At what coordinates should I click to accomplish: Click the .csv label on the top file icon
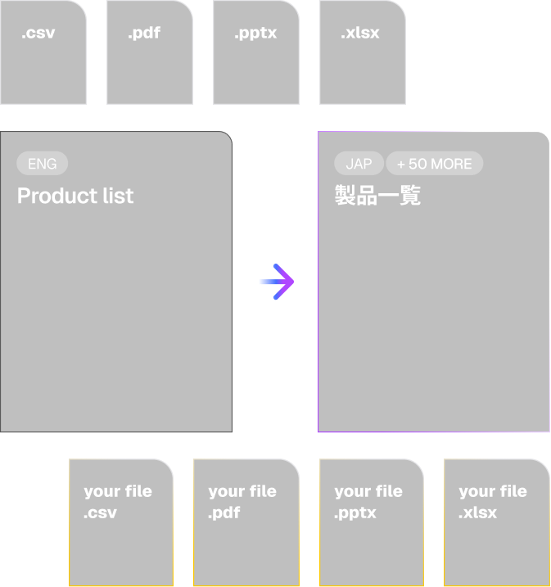click(38, 34)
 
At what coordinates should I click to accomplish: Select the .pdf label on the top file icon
click(144, 34)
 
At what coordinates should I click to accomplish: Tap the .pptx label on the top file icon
click(255, 34)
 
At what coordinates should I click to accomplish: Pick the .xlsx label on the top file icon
click(360, 34)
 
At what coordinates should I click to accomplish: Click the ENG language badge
click(43, 164)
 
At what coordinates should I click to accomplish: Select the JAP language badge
click(359, 164)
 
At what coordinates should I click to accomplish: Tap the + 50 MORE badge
click(434, 164)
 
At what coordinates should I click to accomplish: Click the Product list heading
click(75, 196)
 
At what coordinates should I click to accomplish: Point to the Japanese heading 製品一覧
click(377, 196)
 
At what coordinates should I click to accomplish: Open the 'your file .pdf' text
click(242, 502)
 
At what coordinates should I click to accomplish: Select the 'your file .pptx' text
click(368, 502)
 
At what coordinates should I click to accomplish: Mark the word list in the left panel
click(118, 196)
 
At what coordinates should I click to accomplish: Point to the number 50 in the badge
click(418, 164)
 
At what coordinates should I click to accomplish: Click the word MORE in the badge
click(451, 164)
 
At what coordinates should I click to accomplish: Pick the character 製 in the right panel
click(345, 196)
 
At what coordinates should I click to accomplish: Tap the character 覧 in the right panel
click(410, 196)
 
